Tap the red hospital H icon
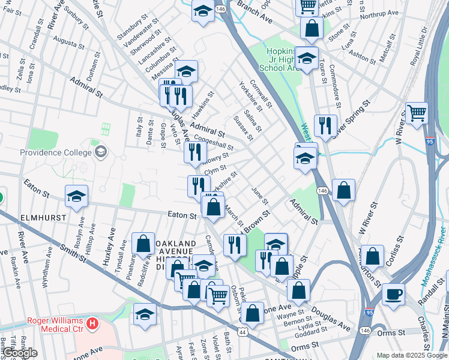92,325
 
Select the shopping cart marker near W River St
416,112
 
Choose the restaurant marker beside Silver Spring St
325,125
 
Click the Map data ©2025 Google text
412,355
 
